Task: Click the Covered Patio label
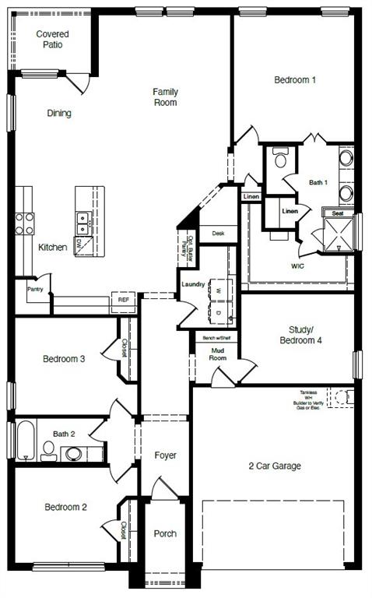(53, 40)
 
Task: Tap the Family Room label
(165, 97)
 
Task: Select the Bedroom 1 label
(295, 79)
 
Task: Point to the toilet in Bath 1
(280, 160)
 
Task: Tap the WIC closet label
(297, 266)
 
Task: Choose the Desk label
(218, 233)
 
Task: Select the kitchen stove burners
(24, 224)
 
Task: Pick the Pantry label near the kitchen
(35, 289)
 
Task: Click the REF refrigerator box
(123, 299)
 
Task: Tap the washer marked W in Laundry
(218, 290)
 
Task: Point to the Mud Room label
(218, 354)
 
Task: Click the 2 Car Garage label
(275, 466)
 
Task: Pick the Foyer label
(165, 455)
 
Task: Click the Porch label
(164, 534)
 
